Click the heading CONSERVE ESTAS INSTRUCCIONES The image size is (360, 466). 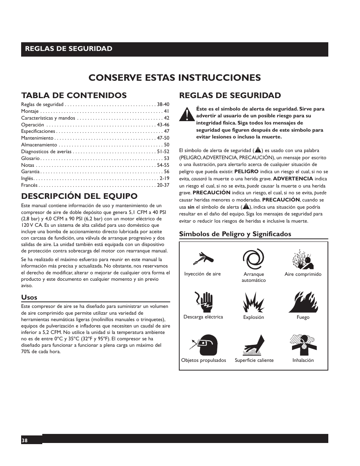[174, 77]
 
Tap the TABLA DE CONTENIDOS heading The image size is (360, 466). [74, 95]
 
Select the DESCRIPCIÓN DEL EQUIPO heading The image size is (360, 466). [79, 196]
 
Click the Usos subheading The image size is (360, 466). [29, 297]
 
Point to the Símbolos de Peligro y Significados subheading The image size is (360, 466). [235, 234]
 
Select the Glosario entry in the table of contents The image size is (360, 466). [30, 158]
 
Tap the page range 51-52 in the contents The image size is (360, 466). [163, 152]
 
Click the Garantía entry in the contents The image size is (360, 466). [30, 172]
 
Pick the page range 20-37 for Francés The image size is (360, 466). [163, 185]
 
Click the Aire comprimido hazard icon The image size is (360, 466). [303, 259]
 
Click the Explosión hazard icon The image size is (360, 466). [254, 302]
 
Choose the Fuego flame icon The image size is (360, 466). [303, 302]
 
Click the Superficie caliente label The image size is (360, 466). [254, 360]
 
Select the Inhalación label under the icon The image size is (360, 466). [303, 360]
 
